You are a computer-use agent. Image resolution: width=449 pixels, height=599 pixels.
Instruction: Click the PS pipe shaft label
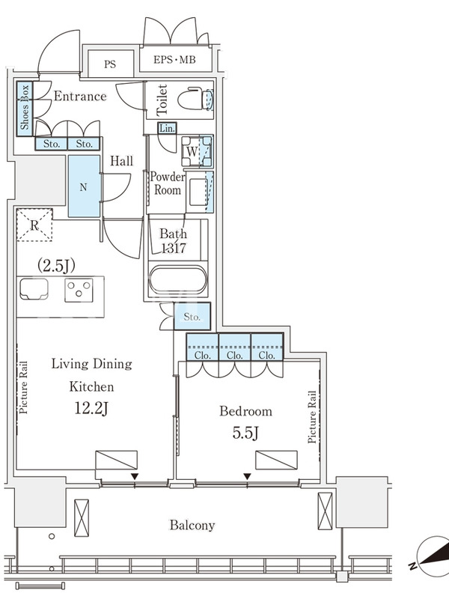point(110,64)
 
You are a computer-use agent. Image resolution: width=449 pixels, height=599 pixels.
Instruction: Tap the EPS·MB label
point(175,60)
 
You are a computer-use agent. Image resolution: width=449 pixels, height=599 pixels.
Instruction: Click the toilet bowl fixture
point(195,100)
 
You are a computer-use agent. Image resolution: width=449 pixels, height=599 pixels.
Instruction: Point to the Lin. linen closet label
point(167,128)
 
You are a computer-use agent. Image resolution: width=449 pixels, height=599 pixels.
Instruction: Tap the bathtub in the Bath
point(178,280)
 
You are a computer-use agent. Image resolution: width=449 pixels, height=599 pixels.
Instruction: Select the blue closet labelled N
point(84,186)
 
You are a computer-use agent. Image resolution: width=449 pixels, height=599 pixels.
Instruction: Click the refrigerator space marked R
point(34,225)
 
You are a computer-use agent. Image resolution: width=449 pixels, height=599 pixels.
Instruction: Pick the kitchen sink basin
point(34,289)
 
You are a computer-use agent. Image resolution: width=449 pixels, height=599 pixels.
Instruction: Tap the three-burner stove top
point(79,291)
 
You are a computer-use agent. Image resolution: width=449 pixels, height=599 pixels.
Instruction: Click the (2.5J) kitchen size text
point(56,266)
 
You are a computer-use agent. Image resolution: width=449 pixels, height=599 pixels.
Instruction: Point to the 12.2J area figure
point(91,408)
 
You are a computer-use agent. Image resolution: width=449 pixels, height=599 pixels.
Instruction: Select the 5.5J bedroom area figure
point(246,433)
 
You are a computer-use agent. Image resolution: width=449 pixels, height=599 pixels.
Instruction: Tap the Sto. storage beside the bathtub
point(192,316)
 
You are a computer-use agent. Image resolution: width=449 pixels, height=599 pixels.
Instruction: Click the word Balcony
point(192,526)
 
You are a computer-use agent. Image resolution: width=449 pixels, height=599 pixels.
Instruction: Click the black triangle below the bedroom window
point(248,476)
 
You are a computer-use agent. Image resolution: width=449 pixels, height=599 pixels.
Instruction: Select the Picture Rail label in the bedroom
point(312,417)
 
